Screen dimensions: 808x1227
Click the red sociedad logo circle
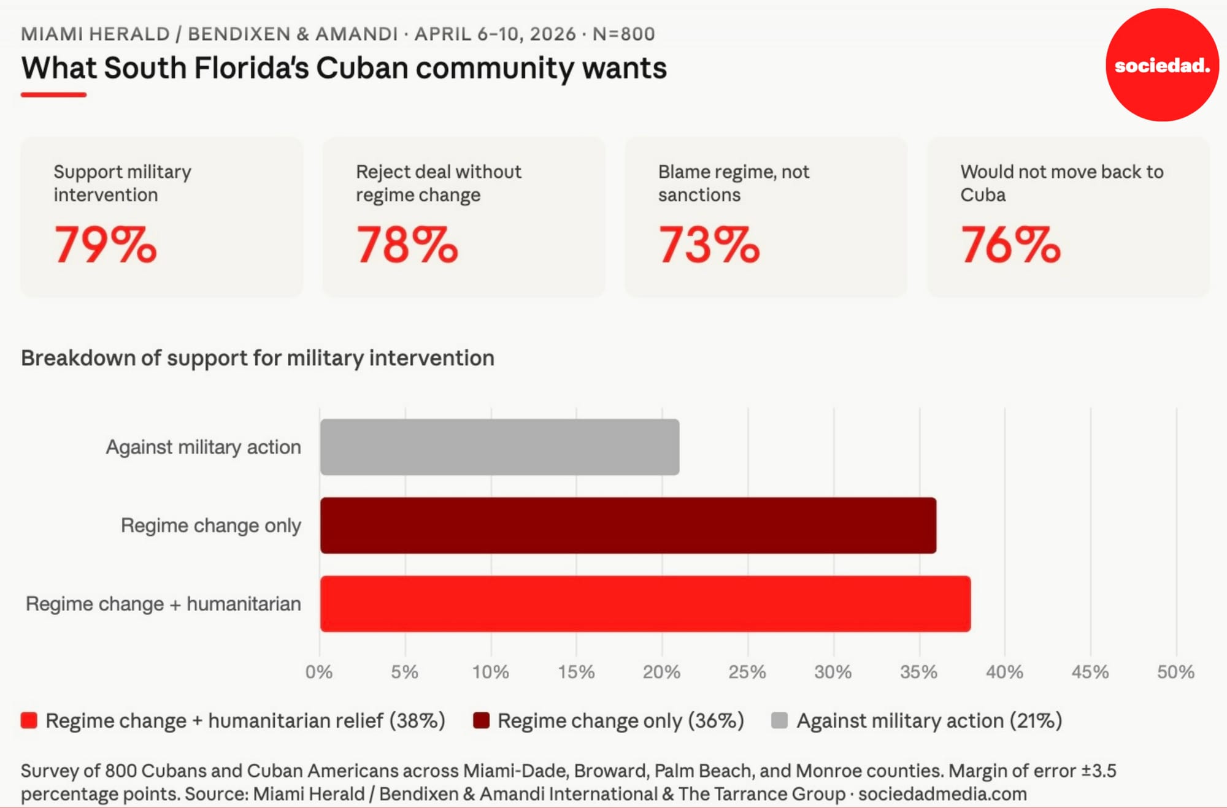tap(1162, 64)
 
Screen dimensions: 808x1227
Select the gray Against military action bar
tap(499, 447)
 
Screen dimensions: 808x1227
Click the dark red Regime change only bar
tap(628, 525)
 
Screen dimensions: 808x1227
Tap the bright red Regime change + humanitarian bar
tap(645, 604)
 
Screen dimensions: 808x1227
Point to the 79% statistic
tap(106, 245)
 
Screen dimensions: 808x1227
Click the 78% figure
tap(407, 245)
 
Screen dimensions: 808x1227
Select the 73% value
tap(709, 245)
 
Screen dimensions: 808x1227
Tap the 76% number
tap(1011, 245)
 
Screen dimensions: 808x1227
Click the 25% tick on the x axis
tap(747, 672)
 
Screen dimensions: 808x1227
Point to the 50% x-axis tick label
tap(1175, 672)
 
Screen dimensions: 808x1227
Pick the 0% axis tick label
tap(319, 672)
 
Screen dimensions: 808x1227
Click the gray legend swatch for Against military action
tap(779, 720)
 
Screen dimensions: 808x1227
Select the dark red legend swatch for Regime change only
tap(481, 720)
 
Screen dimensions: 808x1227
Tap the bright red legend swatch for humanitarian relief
tap(29, 720)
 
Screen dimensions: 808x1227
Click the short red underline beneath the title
tap(53, 94)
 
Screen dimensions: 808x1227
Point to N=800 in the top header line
tap(623, 34)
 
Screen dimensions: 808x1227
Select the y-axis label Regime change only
tap(210, 525)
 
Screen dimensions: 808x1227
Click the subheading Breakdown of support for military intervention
tap(258, 358)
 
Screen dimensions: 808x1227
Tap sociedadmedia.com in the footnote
tap(942, 794)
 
